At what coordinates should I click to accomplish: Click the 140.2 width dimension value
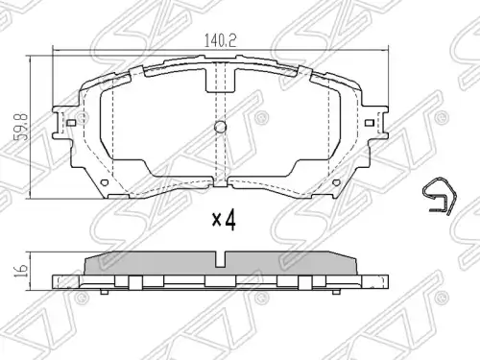coord(220,40)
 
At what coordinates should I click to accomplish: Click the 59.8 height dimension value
coord(23,127)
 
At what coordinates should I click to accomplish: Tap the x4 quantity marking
coord(225,221)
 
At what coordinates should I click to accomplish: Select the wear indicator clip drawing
coord(439,195)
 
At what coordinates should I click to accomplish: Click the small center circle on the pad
coord(220,127)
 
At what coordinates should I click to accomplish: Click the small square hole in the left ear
coord(71,123)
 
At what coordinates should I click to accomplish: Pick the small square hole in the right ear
coord(370,123)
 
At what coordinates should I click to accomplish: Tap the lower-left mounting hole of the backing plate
coord(105,182)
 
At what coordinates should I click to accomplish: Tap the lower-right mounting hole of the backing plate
coord(336,182)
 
